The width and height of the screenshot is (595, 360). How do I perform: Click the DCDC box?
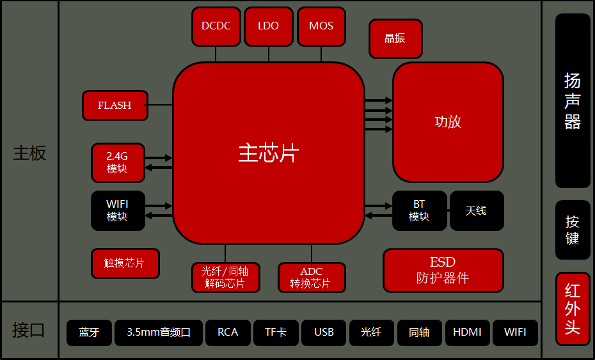pos(216,26)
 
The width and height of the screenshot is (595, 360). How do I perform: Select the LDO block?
pos(268,26)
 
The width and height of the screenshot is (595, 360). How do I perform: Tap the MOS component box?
pos(321,26)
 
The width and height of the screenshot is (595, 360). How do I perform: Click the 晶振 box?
pos(395,38)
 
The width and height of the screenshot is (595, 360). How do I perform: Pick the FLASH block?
pos(115,106)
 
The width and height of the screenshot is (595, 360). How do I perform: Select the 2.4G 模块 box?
pos(118,162)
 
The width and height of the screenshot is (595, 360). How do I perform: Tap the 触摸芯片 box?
pos(125,263)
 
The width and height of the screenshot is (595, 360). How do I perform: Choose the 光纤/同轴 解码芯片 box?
pos(225,278)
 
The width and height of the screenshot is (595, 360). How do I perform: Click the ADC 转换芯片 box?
pos(312,278)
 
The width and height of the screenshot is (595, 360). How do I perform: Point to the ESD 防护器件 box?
pos(443,270)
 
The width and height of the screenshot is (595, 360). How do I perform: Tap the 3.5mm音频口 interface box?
pos(159,333)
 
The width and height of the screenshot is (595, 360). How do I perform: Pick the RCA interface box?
pos(228,333)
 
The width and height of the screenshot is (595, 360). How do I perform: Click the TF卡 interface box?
pos(276,333)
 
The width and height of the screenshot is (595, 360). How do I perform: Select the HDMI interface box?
pos(467,333)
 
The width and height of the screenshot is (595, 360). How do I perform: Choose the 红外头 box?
pos(573,309)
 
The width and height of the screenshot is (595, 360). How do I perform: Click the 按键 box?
pos(573,230)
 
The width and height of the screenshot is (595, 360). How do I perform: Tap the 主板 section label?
pos(29,153)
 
